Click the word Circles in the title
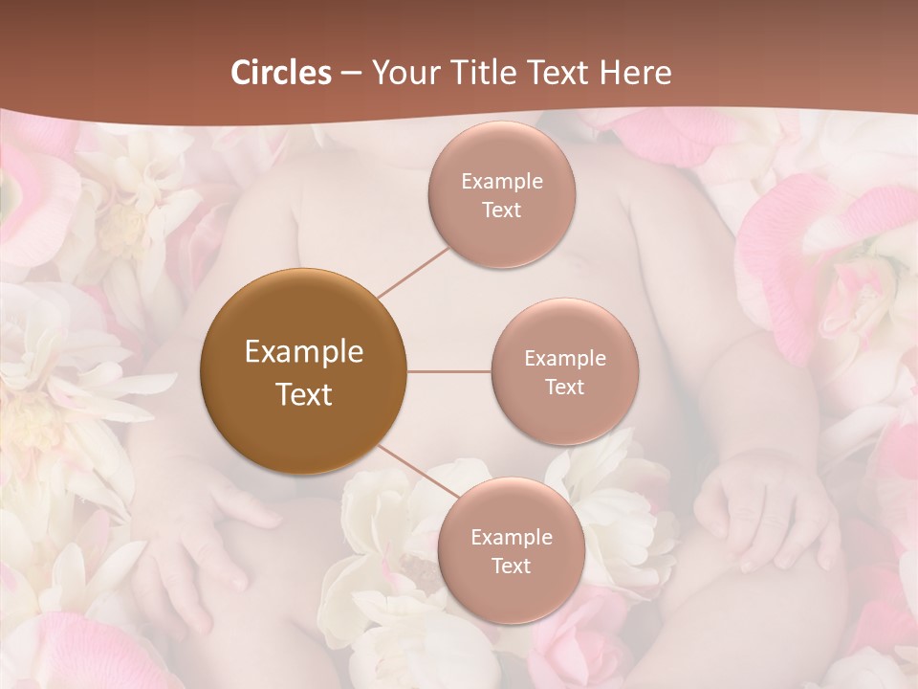[280, 73]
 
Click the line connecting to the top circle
[414, 270]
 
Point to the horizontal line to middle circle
[448, 371]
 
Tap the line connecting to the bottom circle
[413, 472]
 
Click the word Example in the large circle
[304, 352]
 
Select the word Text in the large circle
[304, 394]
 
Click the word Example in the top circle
[502, 182]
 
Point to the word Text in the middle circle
[564, 387]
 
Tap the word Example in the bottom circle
[512, 537]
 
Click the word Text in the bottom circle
[512, 566]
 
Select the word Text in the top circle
[501, 210]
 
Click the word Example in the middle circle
[565, 359]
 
